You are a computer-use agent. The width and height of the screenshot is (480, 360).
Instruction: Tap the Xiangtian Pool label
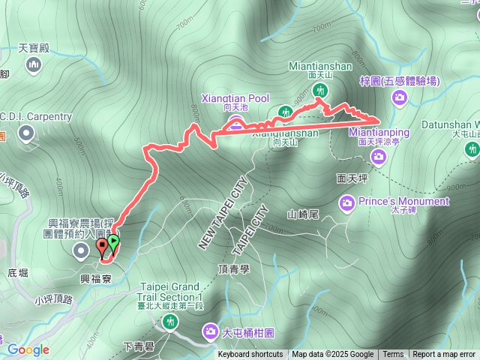[235, 98]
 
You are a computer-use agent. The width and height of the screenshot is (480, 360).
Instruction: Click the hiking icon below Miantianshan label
[320, 91]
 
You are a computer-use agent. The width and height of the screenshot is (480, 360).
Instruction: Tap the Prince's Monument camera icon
[346, 202]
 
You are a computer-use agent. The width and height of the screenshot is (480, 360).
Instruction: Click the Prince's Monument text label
[405, 201]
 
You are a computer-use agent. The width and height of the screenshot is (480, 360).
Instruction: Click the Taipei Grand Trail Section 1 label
[171, 292]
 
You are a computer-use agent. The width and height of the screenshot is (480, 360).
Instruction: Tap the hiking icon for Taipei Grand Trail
[170, 322]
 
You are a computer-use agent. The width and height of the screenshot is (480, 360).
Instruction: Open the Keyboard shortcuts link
[250, 355]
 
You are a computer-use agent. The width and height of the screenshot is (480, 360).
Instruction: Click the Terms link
[393, 355]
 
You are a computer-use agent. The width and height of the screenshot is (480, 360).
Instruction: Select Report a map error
[445, 355]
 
